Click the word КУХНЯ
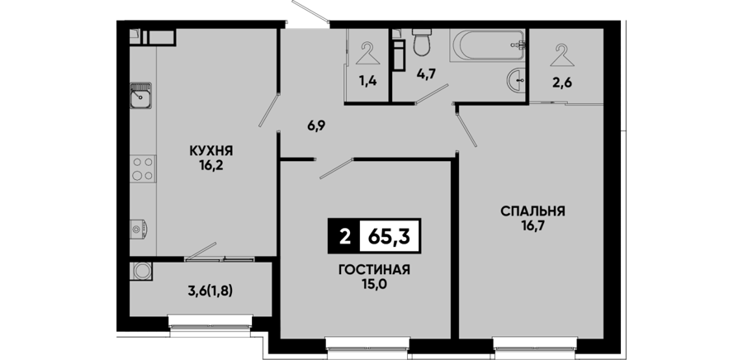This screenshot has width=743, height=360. [x=211, y=151]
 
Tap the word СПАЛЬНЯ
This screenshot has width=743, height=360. [x=533, y=211]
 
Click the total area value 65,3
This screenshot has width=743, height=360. [x=389, y=236]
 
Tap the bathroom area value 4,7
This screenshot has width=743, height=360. [x=426, y=73]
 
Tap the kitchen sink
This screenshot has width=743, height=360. [x=140, y=96]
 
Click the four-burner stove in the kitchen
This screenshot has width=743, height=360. [x=143, y=168]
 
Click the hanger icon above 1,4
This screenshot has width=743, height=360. [x=367, y=54]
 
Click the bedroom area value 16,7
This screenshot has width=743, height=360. [x=533, y=226]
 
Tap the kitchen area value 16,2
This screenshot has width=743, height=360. [x=211, y=166]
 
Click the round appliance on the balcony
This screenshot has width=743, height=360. [x=140, y=271]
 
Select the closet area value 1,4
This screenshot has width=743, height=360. [x=367, y=81]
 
